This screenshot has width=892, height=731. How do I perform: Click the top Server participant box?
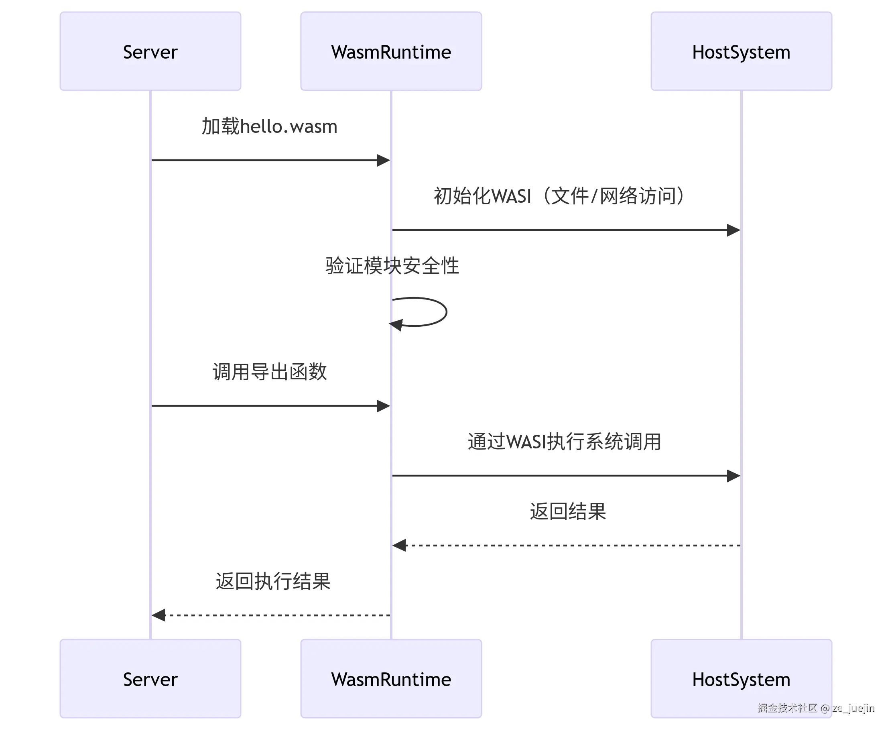pos(150,51)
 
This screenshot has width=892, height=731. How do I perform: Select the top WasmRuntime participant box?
pos(391,51)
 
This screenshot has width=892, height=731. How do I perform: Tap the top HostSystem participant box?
pos(741,51)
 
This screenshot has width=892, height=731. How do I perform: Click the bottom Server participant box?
pos(150,679)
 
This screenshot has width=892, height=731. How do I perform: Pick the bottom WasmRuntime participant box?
pos(391,679)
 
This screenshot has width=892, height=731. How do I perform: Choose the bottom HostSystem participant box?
pos(741,679)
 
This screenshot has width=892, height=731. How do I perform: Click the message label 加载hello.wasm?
pos(269,126)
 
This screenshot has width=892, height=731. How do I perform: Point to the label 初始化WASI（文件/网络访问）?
pos(560,196)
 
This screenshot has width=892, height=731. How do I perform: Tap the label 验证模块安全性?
pos(392,266)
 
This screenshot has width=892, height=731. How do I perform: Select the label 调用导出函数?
pos(269,372)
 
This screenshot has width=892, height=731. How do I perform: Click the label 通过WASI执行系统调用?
pos(564,442)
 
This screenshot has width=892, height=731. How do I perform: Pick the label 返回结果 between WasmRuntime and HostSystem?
pos(567,511)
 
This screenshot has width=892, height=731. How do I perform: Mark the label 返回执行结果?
pos(273,581)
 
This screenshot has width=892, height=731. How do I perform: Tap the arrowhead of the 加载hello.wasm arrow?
pos(383,160)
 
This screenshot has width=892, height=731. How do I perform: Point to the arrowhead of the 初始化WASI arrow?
pos(733,230)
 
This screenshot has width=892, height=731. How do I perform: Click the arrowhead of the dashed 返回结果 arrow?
pos(399,545)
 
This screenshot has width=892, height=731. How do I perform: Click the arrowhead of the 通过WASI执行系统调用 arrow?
pos(733,476)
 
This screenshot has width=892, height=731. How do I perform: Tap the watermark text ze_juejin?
pos(853,708)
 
